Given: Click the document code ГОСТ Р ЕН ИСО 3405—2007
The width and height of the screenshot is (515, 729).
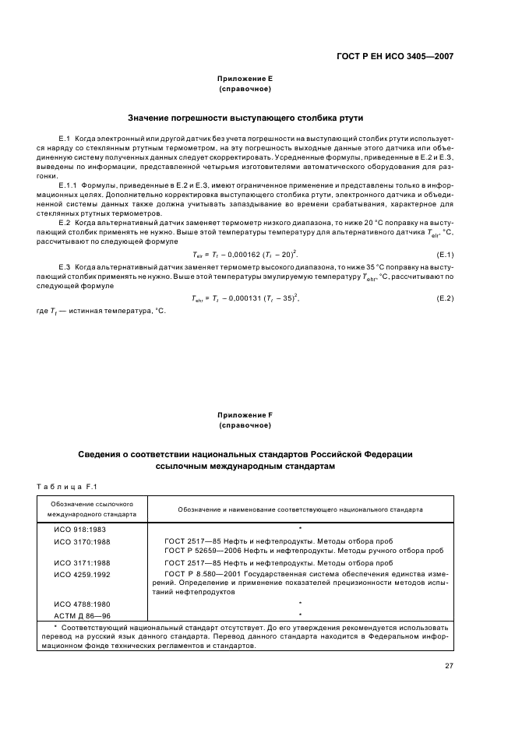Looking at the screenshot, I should (397, 56).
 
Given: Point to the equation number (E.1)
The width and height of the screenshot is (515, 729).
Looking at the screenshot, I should (444, 254).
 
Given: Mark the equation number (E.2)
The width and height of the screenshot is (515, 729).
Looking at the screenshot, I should (444, 298).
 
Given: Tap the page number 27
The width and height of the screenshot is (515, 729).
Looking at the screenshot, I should (449, 665).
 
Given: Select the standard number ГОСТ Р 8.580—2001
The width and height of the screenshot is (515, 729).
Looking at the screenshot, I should (196, 574).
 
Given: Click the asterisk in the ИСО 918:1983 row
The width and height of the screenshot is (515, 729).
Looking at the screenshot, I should (300, 528).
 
